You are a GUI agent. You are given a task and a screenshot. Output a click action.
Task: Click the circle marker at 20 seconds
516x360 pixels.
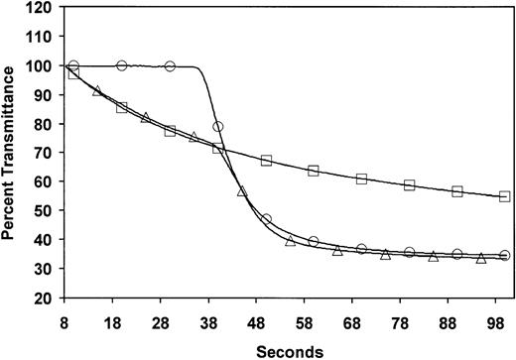pyautogui.click(x=122, y=65)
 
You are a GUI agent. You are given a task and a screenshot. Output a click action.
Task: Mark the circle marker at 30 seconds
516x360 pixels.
pyautogui.click(x=170, y=66)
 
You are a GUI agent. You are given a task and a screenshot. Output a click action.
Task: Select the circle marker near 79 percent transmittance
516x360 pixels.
pyautogui.click(x=217, y=127)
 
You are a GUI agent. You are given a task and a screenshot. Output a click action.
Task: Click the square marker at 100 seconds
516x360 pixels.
pyautogui.click(x=504, y=197)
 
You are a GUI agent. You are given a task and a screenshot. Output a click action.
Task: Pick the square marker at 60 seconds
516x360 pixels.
pyautogui.click(x=314, y=172)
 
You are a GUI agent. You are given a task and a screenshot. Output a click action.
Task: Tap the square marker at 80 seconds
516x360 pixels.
pyautogui.click(x=409, y=185)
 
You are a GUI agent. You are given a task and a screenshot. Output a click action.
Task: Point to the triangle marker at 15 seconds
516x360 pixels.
pyautogui.click(x=97, y=90)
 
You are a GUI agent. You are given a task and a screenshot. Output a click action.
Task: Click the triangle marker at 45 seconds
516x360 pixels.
pyautogui.click(x=241, y=190)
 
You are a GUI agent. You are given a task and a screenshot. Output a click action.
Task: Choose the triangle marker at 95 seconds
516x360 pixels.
pyautogui.click(x=480, y=258)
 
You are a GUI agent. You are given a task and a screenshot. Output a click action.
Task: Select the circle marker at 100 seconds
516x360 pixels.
pyautogui.click(x=504, y=255)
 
